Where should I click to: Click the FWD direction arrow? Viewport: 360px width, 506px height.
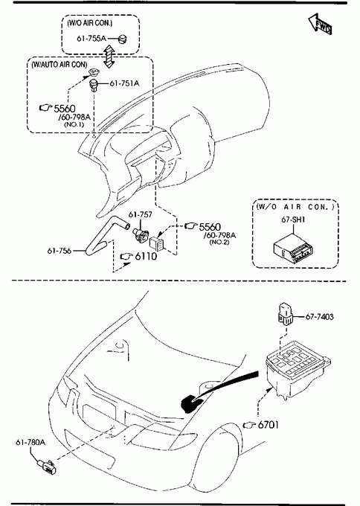[x=320, y=24]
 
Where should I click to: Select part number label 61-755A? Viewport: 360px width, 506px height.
[x=91, y=39]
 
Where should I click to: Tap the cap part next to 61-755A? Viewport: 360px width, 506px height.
[x=123, y=39]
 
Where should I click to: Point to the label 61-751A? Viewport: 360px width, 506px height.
[x=124, y=83]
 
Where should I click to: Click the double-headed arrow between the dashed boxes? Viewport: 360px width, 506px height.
[x=109, y=56]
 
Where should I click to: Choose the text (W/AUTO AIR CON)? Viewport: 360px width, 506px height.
[x=59, y=65]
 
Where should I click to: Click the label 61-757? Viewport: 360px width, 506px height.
[x=141, y=214]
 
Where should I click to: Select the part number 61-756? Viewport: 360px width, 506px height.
[x=60, y=251]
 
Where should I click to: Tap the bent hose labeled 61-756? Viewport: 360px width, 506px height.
[x=103, y=237]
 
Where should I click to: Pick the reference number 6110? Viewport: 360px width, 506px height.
[x=146, y=256]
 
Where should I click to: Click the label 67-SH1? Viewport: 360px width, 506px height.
[x=293, y=220]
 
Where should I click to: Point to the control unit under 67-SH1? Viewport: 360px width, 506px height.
[x=293, y=251]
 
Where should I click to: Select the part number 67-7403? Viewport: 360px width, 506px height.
[x=319, y=317]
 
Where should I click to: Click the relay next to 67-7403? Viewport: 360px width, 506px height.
[x=286, y=313]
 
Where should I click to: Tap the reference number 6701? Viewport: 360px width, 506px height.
[x=268, y=425]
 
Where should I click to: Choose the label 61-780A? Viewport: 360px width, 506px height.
[x=30, y=442]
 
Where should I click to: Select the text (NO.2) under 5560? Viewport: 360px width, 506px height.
[x=219, y=242]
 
